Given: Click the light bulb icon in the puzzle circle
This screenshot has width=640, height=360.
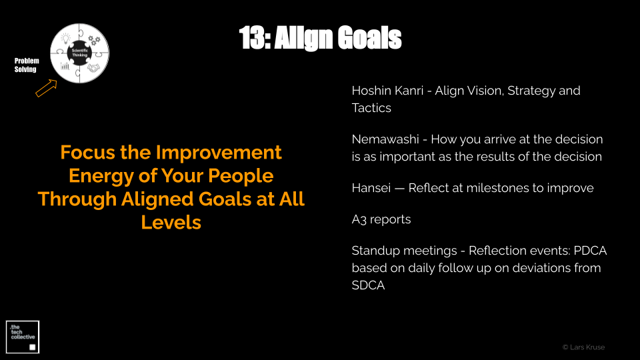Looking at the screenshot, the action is (x=66, y=39).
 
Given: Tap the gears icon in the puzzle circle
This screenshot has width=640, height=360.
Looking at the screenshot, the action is (x=94, y=40).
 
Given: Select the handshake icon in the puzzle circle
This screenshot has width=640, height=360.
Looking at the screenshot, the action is (x=93, y=68).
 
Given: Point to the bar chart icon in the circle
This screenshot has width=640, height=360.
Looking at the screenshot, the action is (x=65, y=66).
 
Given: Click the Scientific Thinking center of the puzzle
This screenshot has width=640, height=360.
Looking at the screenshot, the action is (x=79, y=53).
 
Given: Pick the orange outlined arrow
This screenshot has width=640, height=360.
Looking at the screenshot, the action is (x=46, y=88).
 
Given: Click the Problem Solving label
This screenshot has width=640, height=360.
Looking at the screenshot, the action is (x=27, y=65).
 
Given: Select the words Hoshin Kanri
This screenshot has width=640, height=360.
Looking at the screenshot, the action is (x=387, y=91).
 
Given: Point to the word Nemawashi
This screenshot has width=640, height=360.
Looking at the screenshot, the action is (x=385, y=139).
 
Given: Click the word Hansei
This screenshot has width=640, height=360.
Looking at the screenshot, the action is (x=371, y=188).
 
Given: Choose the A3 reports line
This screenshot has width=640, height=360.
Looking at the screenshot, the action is (x=381, y=219).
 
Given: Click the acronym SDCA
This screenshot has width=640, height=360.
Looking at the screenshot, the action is (x=368, y=285).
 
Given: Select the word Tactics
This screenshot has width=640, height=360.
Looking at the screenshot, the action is (x=371, y=108).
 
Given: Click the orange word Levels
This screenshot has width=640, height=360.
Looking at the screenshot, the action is (x=171, y=223).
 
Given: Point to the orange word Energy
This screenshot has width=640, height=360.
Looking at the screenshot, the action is (x=101, y=176).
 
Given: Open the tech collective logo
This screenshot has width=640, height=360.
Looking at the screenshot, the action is (x=23, y=337).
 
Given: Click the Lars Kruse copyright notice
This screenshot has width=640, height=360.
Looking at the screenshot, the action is (x=584, y=347).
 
